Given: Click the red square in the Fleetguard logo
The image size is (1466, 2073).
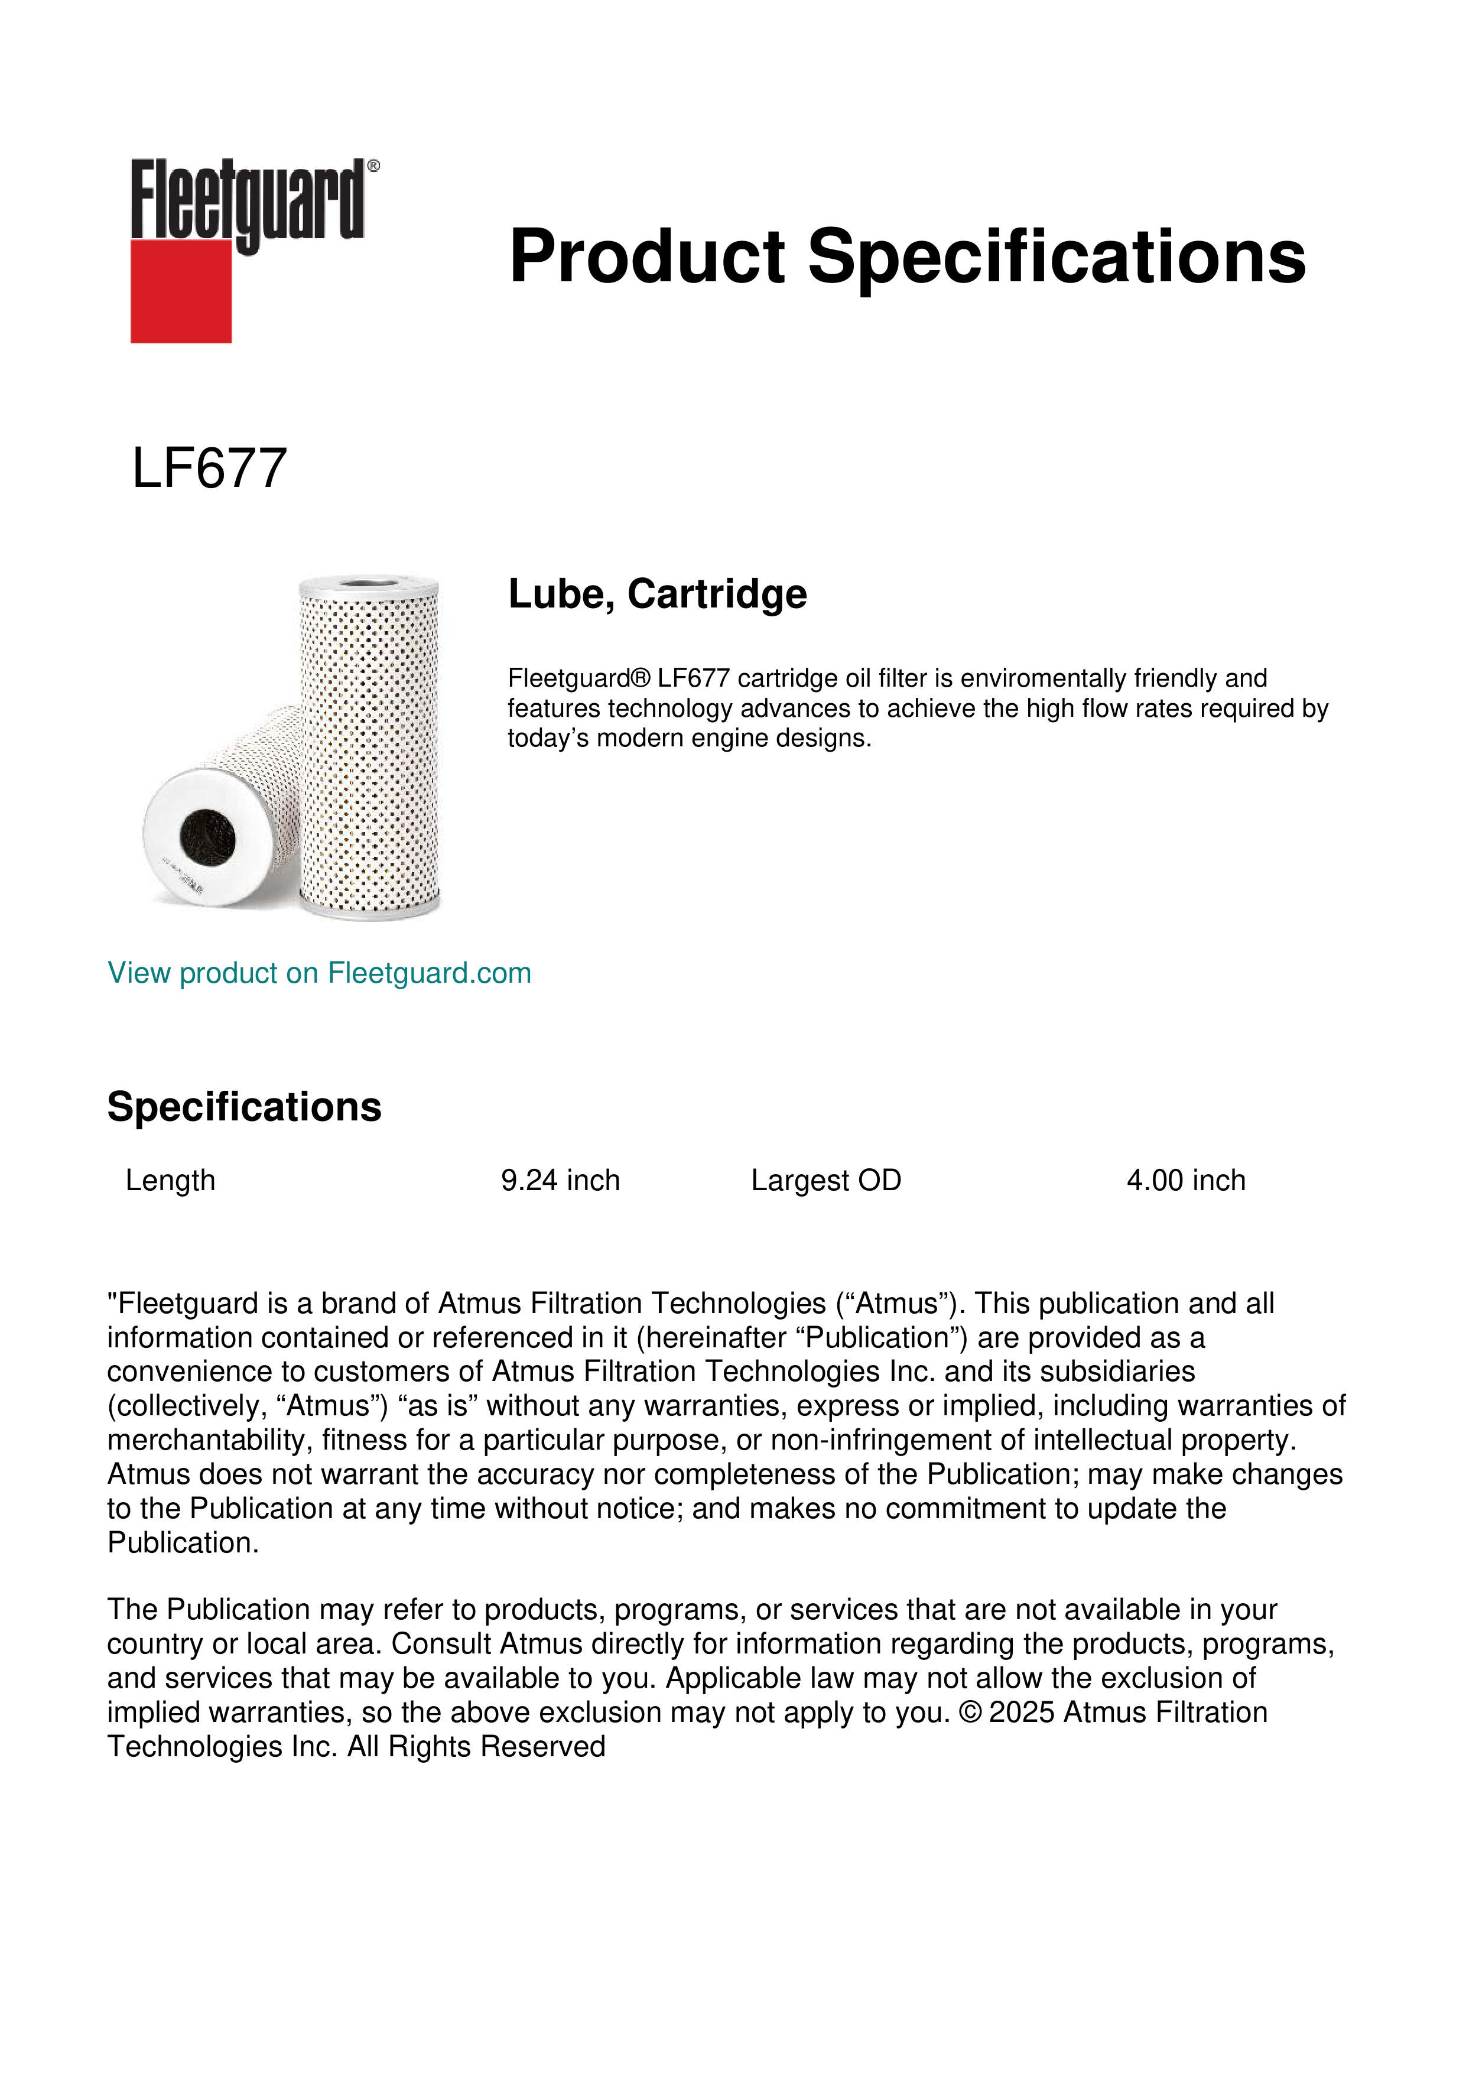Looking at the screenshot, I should pos(181,291).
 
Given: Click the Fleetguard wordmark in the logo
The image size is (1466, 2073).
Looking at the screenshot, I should pos(246,200).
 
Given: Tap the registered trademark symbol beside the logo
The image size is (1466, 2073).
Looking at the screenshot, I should pos(373,166).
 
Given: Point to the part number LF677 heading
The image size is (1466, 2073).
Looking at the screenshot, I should pos(209,469).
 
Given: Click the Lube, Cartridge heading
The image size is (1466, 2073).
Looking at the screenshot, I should pos(657,594).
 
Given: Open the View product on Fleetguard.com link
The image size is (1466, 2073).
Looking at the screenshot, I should pos(318,973).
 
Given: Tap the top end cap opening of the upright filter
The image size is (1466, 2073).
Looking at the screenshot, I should pos(368,583).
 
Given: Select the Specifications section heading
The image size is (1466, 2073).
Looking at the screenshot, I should pos(243,1107).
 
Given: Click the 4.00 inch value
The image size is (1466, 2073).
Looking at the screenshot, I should pos(1186,1180).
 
